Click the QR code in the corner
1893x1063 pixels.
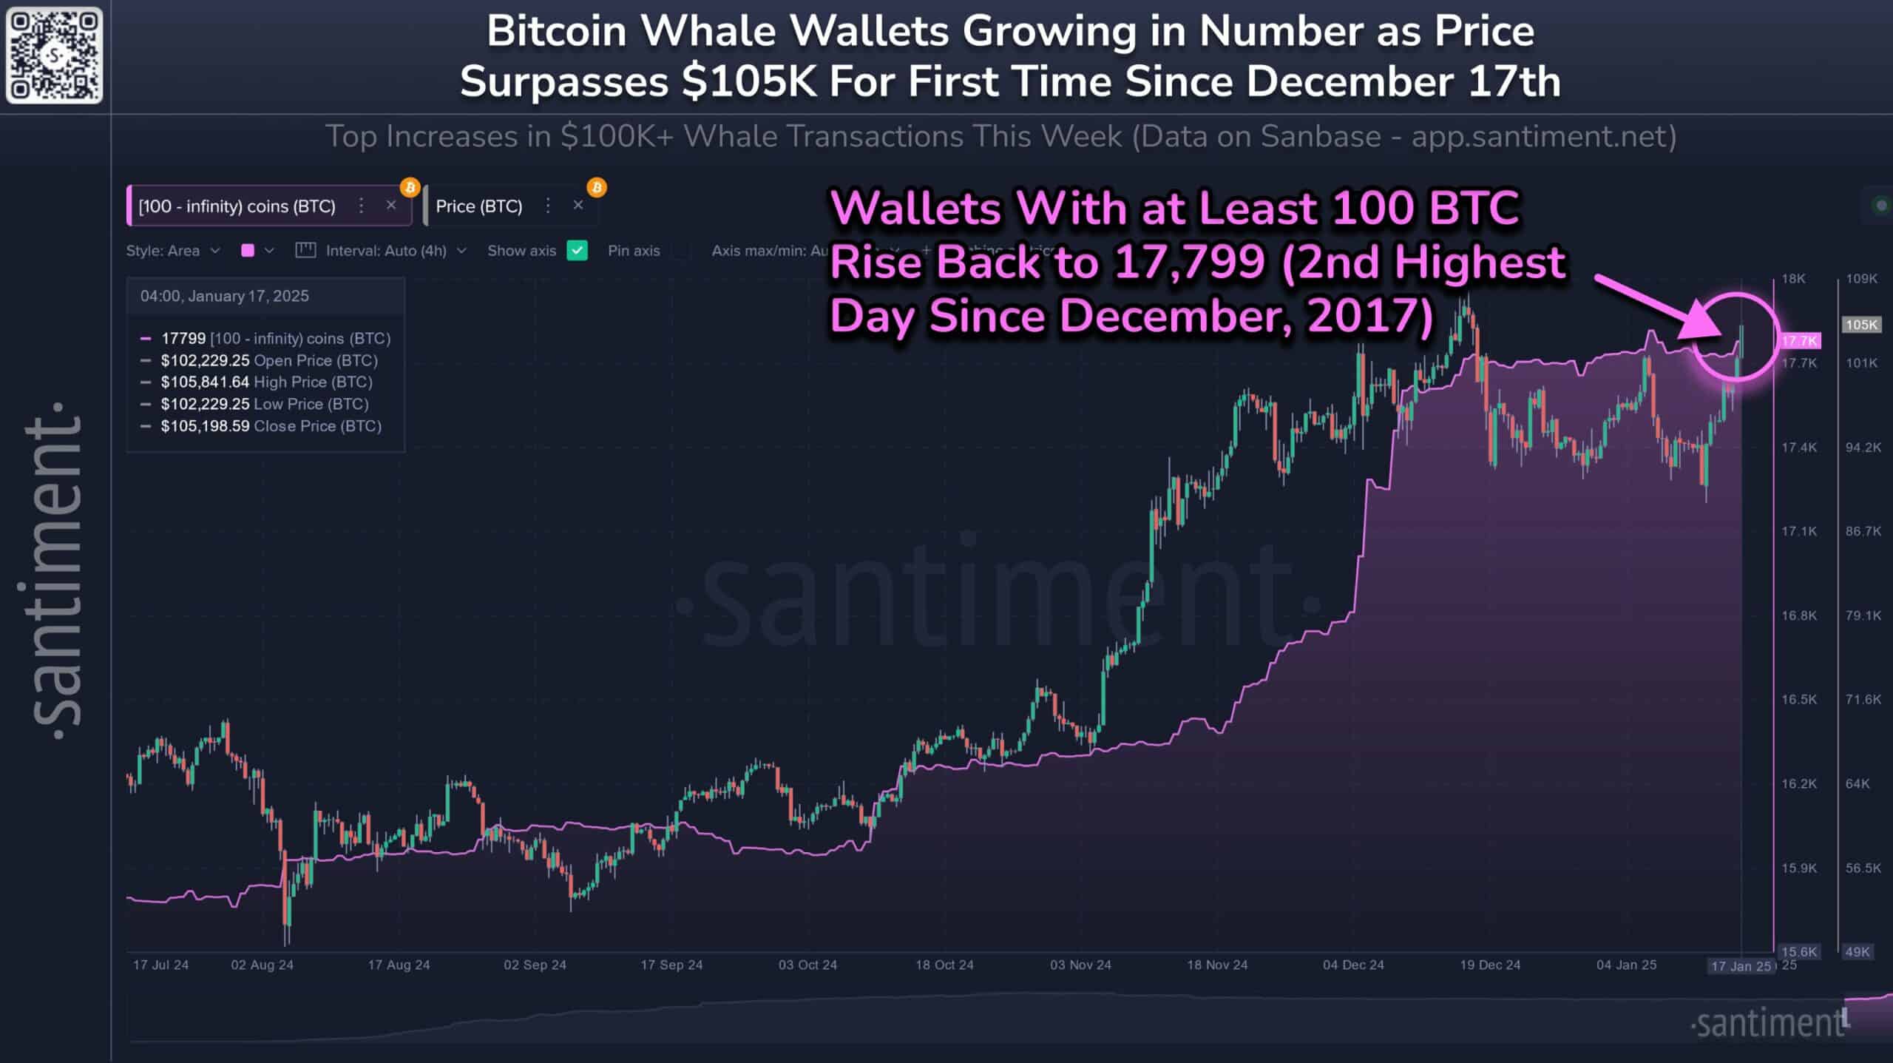(x=54, y=55)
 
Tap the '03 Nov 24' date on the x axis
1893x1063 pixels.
(x=1080, y=965)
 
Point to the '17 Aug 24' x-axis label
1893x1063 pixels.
(x=399, y=965)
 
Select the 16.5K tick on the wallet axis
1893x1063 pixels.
(x=1798, y=699)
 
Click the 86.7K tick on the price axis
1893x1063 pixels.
(x=1863, y=531)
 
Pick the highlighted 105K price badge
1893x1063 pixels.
(x=1860, y=325)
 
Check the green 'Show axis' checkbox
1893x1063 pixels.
(x=577, y=251)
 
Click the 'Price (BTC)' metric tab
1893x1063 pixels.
(x=479, y=206)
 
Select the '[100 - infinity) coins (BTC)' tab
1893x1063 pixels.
(x=237, y=206)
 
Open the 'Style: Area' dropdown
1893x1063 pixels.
(x=172, y=251)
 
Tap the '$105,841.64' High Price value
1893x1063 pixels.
(x=205, y=382)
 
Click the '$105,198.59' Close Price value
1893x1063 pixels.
(x=205, y=426)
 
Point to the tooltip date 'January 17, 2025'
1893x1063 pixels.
(x=248, y=296)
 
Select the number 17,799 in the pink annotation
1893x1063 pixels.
(x=1189, y=263)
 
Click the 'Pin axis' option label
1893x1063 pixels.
(x=634, y=251)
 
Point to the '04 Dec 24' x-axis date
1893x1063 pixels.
(x=1353, y=965)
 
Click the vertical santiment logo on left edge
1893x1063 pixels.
(x=55, y=570)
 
